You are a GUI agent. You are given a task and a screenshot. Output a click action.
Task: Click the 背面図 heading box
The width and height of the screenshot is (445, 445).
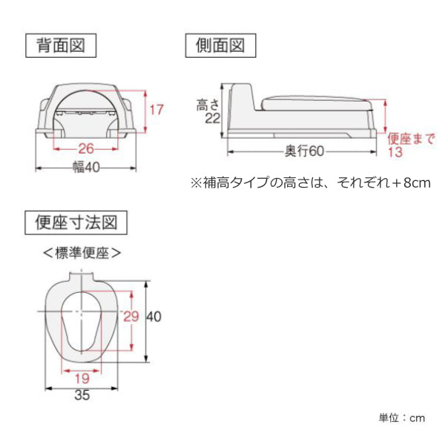point(61,46)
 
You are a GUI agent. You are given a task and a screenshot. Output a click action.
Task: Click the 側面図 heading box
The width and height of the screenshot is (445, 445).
point(220,46)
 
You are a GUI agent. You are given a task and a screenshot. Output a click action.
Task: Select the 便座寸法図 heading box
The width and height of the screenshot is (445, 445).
point(76,222)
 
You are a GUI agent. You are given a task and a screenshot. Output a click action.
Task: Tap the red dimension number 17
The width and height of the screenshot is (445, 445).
point(156,110)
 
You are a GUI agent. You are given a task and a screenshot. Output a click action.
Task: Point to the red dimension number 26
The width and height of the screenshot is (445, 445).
point(86,149)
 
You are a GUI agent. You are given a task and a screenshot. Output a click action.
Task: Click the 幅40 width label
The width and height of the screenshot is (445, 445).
point(86,168)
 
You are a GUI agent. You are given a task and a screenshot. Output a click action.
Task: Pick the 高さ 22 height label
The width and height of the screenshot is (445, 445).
point(208,111)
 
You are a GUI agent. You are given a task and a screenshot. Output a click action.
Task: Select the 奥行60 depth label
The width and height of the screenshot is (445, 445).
point(304,151)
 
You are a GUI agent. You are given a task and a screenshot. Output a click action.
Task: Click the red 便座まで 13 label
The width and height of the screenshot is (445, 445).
point(411,145)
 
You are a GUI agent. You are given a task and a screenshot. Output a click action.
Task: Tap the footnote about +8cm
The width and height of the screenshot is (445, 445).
point(311,182)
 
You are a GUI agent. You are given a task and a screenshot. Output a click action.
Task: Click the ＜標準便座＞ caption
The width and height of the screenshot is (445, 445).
point(82,253)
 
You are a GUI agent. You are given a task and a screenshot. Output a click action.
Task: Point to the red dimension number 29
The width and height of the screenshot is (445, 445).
point(131,317)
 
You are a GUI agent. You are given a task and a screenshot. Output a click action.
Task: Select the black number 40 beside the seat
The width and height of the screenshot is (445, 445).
point(154,317)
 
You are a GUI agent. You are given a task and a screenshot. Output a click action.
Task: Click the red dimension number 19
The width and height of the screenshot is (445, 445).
point(82,378)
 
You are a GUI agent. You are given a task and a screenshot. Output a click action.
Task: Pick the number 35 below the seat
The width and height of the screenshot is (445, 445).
point(82,395)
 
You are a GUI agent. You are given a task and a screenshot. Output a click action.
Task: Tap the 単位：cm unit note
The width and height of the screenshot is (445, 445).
point(402,418)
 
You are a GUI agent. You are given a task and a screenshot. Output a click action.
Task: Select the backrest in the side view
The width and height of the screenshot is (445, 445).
point(241,96)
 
